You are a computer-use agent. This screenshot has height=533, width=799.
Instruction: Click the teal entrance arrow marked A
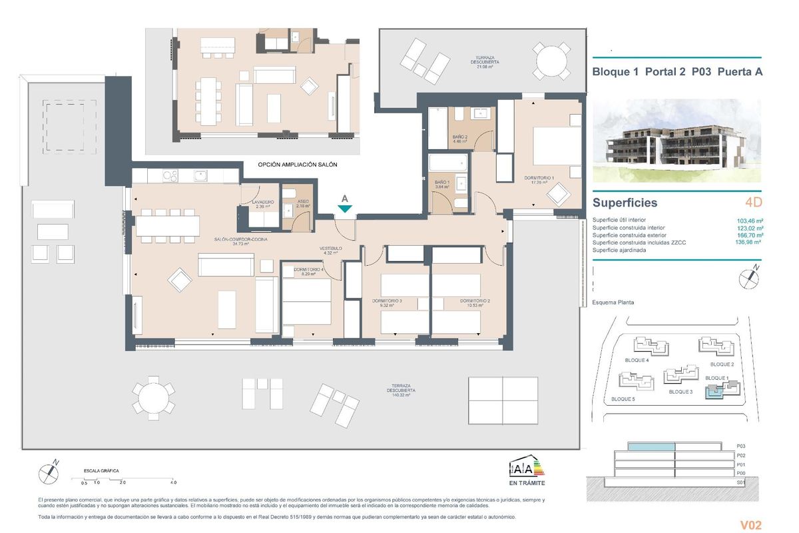click(344, 209)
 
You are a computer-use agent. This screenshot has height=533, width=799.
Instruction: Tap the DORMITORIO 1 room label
click(539, 178)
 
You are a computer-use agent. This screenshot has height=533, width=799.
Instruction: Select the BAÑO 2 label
click(461, 138)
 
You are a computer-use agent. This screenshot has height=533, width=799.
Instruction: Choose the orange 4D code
click(753, 203)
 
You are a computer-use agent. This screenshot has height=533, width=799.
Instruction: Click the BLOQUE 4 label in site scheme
click(637, 360)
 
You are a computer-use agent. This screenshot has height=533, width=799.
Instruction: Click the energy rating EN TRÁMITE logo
click(527, 469)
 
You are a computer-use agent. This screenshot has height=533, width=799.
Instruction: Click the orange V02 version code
click(750, 523)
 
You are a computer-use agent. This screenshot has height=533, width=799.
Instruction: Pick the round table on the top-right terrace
click(553, 61)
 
